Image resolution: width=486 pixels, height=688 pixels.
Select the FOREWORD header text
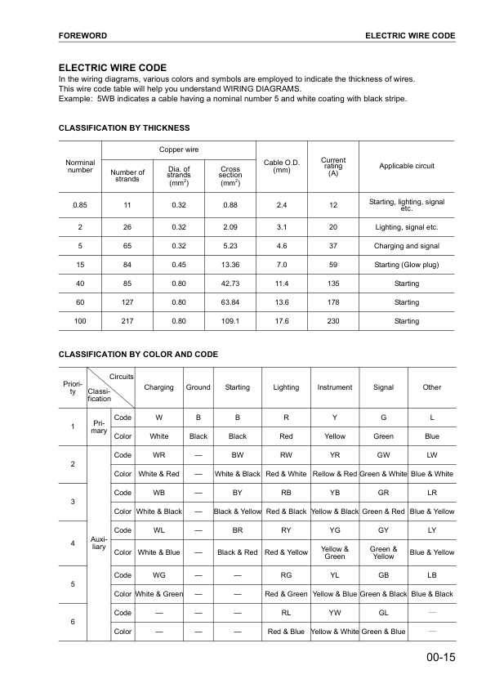point(83,36)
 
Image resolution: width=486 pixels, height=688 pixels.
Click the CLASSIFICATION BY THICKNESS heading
point(124,128)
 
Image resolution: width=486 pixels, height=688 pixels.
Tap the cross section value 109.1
point(230,321)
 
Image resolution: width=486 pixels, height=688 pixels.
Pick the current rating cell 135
point(332,284)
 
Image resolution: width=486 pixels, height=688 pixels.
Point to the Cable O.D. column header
point(282,166)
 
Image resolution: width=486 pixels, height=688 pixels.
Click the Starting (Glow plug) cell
point(406,265)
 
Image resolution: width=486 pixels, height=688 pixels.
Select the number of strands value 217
point(127,321)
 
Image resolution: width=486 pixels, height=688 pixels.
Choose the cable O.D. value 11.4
point(282,284)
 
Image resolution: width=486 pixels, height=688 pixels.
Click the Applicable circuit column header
point(406,166)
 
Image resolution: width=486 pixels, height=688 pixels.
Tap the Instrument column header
point(334,387)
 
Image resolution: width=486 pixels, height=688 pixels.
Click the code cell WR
point(159,454)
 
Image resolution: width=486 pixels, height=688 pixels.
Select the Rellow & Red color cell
point(334,474)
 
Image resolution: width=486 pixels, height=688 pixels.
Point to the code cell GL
point(382,612)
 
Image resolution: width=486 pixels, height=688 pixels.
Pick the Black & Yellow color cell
point(237,512)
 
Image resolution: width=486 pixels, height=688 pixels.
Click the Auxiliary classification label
point(98,543)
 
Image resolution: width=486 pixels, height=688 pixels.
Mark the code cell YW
point(334,612)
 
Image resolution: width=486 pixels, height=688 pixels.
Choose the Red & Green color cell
point(286,593)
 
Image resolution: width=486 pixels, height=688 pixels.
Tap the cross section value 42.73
point(230,284)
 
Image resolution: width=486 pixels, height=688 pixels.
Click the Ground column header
point(198,387)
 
